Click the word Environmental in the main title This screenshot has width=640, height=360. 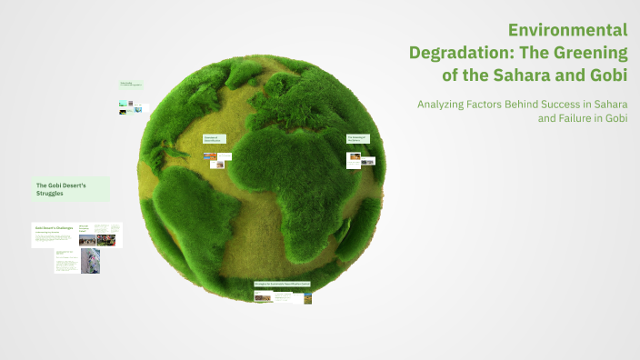(x=568, y=30)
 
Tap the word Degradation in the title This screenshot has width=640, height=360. (x=461, y=52)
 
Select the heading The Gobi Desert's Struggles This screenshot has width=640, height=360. (x=69, y=188)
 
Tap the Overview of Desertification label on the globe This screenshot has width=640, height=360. (x=213, y=139)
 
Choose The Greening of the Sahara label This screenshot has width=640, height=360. (x=358, y=139)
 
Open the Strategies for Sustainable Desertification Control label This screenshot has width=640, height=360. (x=283, y=284)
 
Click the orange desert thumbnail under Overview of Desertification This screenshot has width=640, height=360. (x=210, y=156)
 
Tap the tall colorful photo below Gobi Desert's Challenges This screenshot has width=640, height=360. (x=90, y=262)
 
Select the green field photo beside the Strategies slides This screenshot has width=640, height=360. (x=308, y=296)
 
